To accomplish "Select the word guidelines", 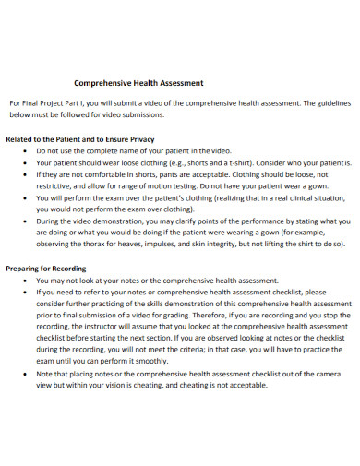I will pyautogui.click(x=328, y=103).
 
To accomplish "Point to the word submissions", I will pyautogui.click(x=143, y=115).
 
